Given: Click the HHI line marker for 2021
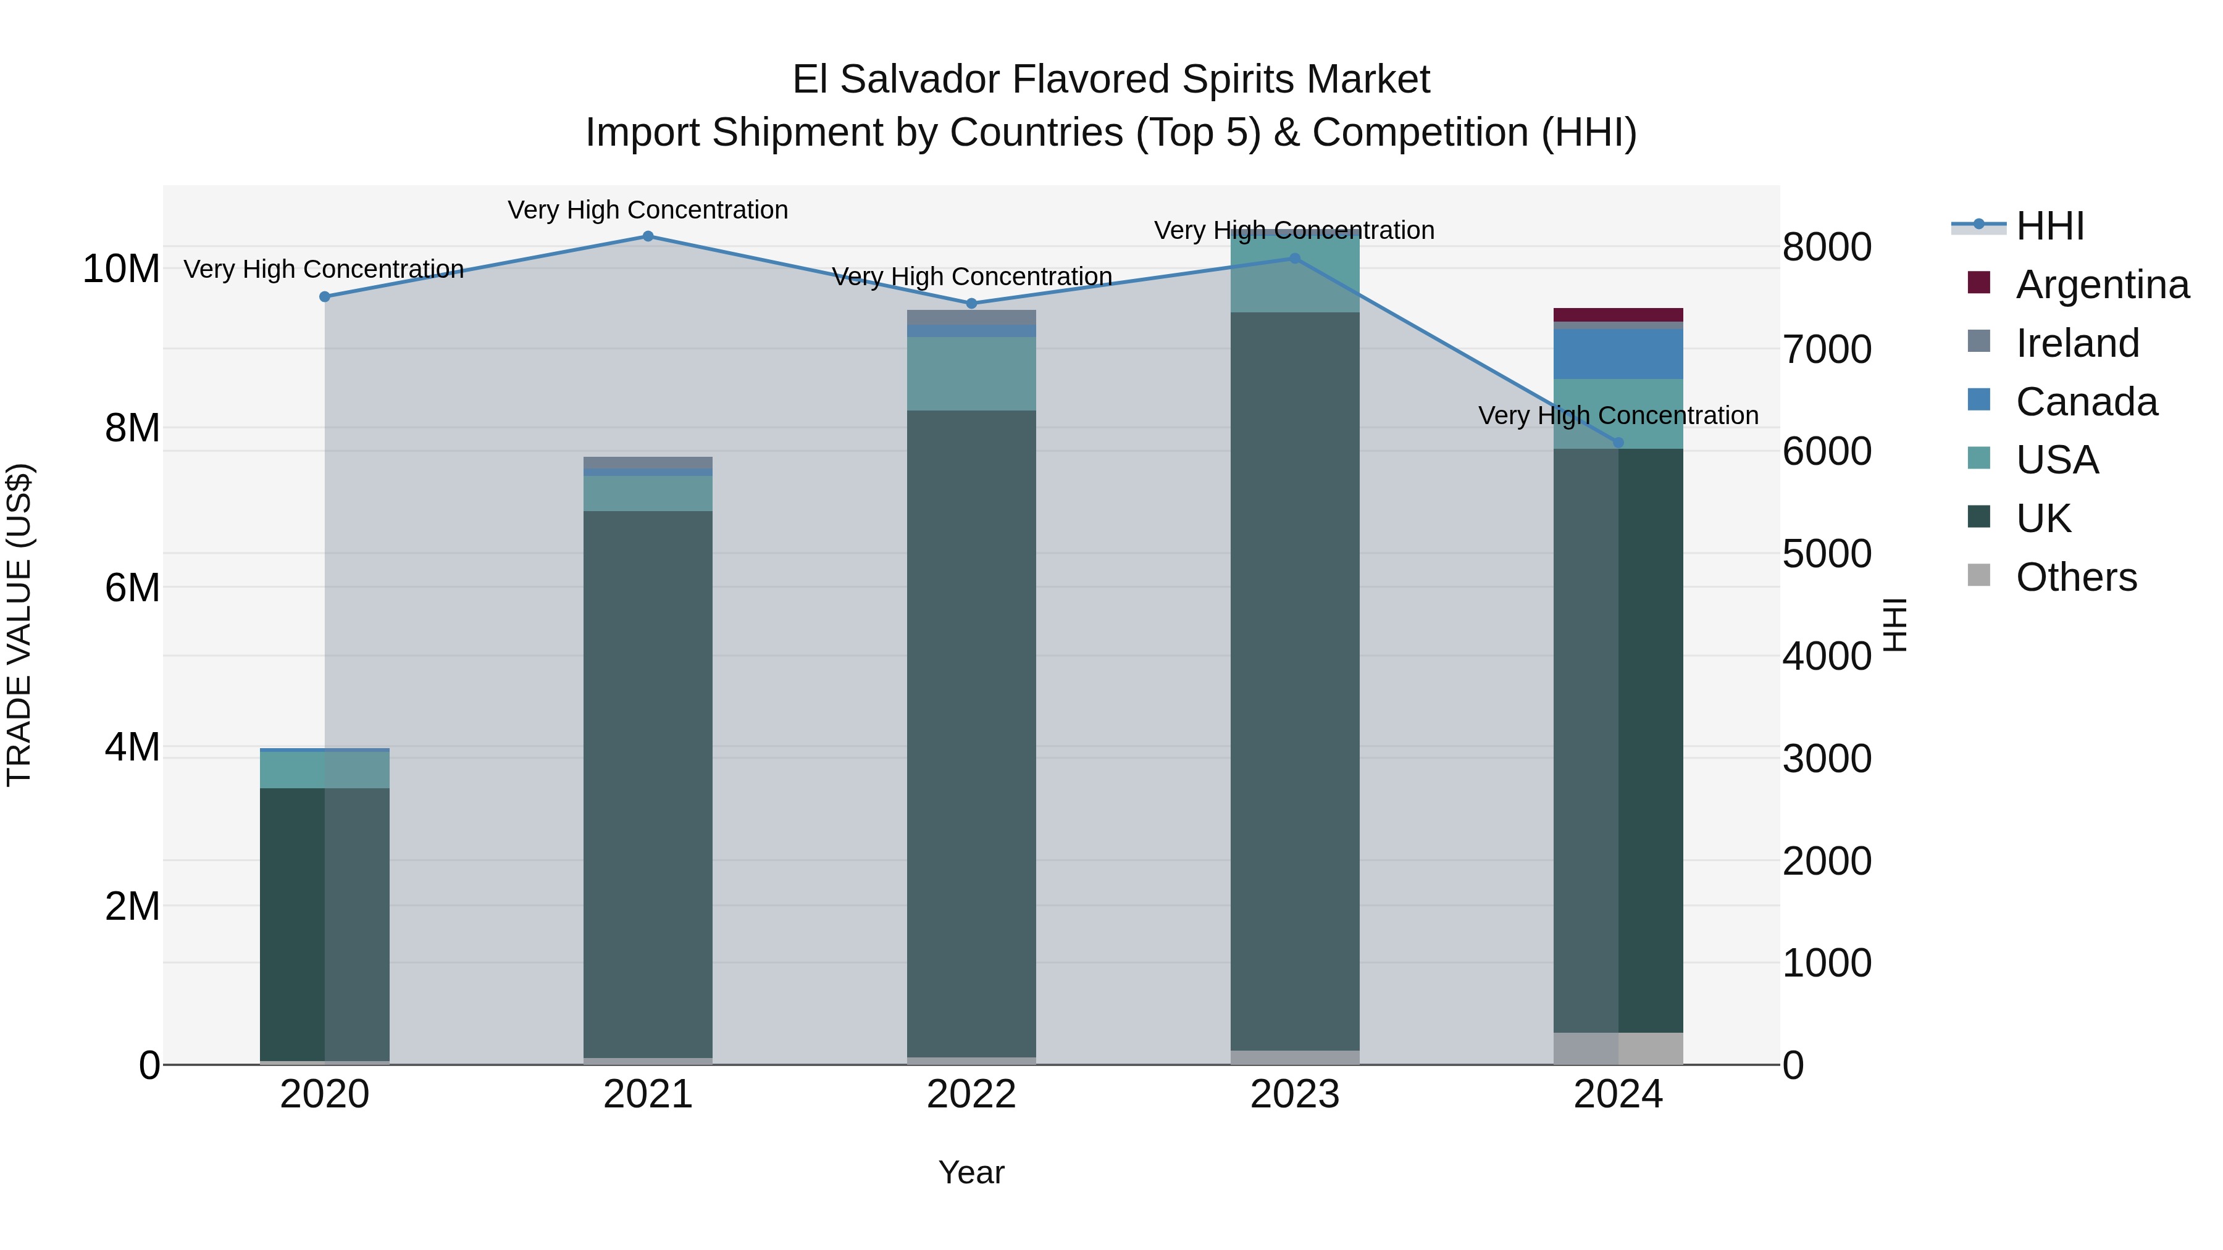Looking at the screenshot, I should click(x=648, y=236).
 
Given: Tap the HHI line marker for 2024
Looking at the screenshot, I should click(x=1618, y=443).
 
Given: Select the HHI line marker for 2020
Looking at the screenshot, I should click(x=324, y=297).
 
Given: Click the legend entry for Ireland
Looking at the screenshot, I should click(x=2077, y=343).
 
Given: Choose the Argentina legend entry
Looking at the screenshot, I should click(x=2101, y=285).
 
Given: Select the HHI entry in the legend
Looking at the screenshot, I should click(x=2049, y=226).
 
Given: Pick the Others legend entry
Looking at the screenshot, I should click(x=2075, y=577).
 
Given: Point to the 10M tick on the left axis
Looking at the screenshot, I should click(x=121, y=269).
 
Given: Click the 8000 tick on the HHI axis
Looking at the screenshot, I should click(x=1827, y=248).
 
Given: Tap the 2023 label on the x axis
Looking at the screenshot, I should click(x=1294, y=1094).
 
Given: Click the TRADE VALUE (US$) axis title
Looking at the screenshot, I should click(x=19, y=625).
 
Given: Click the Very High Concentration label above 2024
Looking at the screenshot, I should click(x=1618, y=416).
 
